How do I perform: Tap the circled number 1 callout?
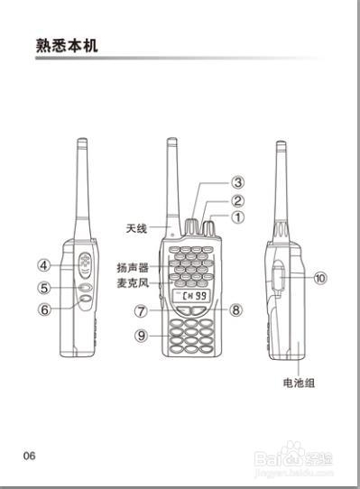click(238, 217)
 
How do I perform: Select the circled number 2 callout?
click(238, 201)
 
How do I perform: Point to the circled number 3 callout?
click(238, 184)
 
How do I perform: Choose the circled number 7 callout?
click(141, 310)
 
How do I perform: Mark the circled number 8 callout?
click(235, 310)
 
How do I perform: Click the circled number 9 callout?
click(141, 336)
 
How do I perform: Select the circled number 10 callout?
click(320, 278)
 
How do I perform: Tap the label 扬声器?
click(131, 267)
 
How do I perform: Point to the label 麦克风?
click(131, 282)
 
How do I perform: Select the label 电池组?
click(299, 383)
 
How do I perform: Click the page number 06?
click(30, 456)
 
